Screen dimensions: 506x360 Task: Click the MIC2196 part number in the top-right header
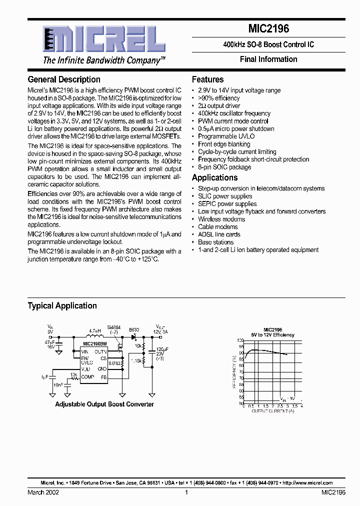coord(268,29)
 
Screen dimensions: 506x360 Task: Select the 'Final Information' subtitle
coord(268,59)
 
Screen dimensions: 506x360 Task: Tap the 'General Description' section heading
coord(64,79)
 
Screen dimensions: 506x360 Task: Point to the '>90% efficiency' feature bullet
coord(218,98)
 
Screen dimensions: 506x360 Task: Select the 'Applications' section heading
coord(215,177)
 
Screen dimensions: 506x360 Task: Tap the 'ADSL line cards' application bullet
coord(219,234)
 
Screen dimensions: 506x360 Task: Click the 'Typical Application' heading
coord(62,305)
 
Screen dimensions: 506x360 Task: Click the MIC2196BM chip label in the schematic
coord(94,344)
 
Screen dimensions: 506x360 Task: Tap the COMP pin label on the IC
coord(87,377)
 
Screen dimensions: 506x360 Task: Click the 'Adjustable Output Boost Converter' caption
coord(104,404)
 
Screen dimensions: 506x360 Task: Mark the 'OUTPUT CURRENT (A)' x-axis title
coord(272,410)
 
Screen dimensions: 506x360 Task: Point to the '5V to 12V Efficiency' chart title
coord(273,335)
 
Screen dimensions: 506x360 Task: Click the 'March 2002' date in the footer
coord(43,492)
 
